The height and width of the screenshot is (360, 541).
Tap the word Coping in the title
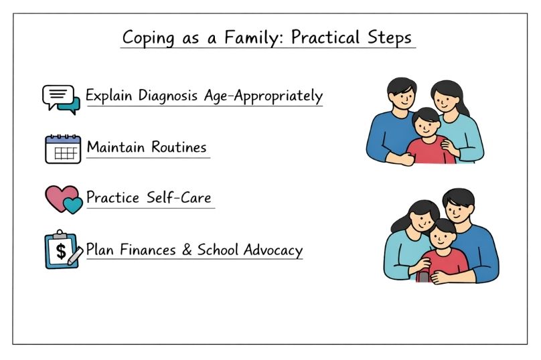(149, 38)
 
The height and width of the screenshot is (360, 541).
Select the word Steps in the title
(390, 37)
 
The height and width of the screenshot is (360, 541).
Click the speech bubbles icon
(61, 100)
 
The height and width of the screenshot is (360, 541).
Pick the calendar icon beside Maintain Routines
(63, 149)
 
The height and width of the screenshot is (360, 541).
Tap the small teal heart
(73, 205)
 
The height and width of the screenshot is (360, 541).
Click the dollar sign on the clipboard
(61, 251)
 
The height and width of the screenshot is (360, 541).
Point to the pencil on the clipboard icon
(75, 256)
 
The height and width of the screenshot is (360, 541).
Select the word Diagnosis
(167, 96)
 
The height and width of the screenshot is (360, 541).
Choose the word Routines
(179, 147)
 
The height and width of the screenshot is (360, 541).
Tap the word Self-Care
(179, 197)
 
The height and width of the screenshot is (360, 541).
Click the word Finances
(148, 250)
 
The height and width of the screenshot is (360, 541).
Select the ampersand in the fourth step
(187, 250)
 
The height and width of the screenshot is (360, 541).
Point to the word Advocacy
(273, 250)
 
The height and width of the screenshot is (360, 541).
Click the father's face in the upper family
(402, 96)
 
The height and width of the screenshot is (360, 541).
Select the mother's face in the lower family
(422, 221)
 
